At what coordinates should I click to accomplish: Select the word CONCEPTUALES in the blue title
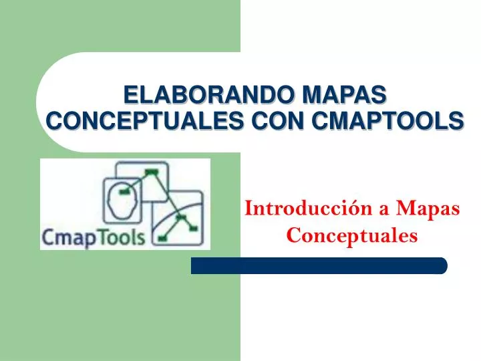[135, 121]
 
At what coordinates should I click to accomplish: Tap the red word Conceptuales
[352, 235]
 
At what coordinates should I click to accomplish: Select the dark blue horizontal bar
[319, 266]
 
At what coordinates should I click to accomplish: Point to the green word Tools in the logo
[122, 237]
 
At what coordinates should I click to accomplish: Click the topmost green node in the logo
[152, 172]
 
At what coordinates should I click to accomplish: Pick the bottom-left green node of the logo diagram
[162, 237]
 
